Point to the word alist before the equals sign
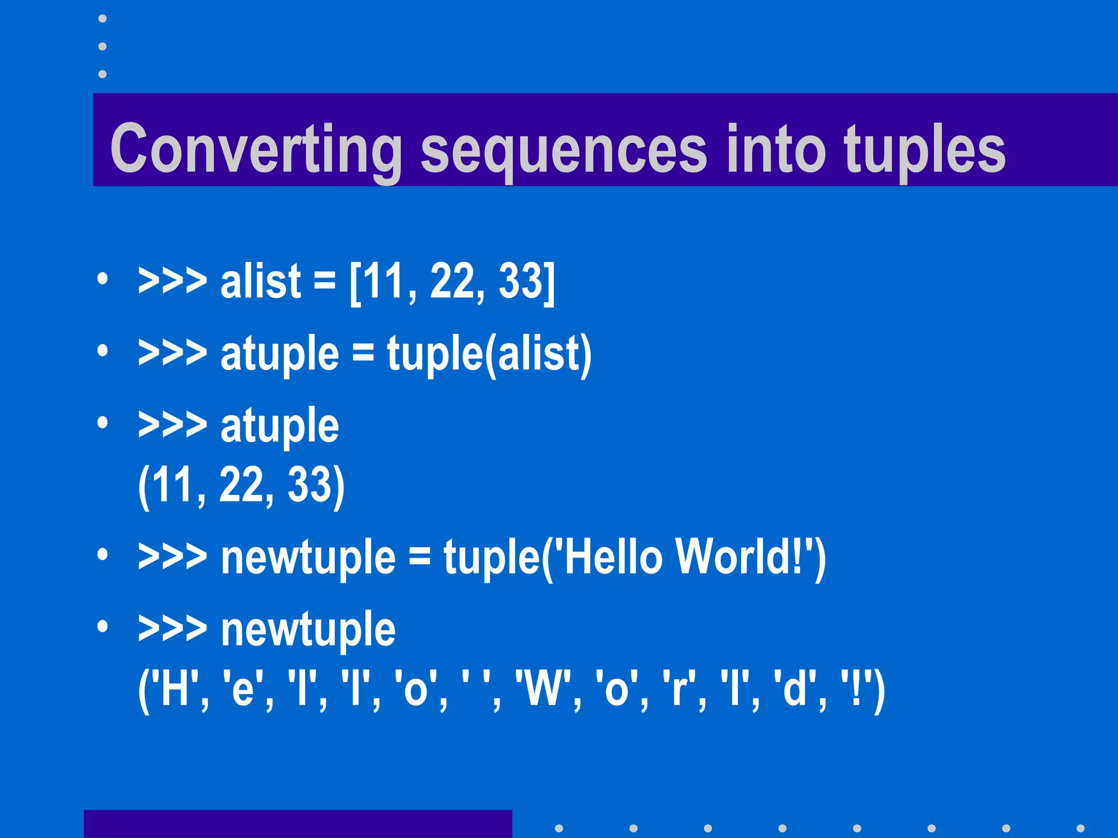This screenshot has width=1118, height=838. click(x=260, y=282)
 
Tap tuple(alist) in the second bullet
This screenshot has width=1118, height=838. click(x=489, y=355)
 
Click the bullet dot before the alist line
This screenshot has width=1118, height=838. click(x=102, y=279)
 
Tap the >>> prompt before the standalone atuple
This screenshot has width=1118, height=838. click(x=173, y=425)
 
